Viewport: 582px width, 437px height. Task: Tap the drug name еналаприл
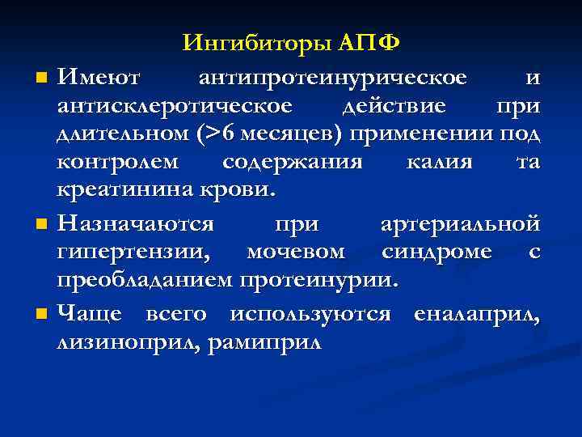[476, 313]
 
